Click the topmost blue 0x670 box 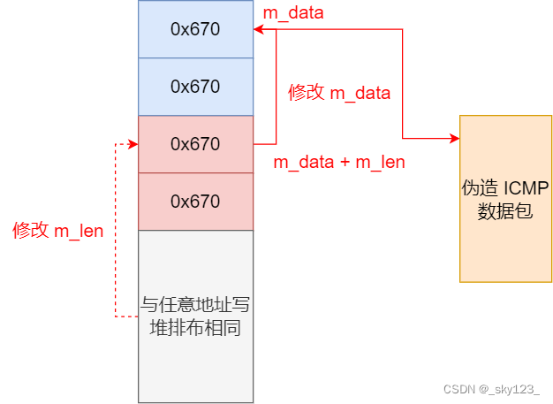pos(195,29)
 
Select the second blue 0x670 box pos(195,87)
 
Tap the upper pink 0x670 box pos(195,144)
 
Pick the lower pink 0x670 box pos(195,202)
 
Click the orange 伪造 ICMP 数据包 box pos(505,199)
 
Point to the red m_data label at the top pos(293,12)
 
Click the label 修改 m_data pos(339,93)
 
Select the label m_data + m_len pos(338,163)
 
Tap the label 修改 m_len pos(57,232)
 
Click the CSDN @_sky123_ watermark pos(491,389)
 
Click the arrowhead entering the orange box pos(454,138)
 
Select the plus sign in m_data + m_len pos(345,163)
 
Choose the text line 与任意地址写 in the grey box pos(195,306)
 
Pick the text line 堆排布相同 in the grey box pos(195,328)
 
